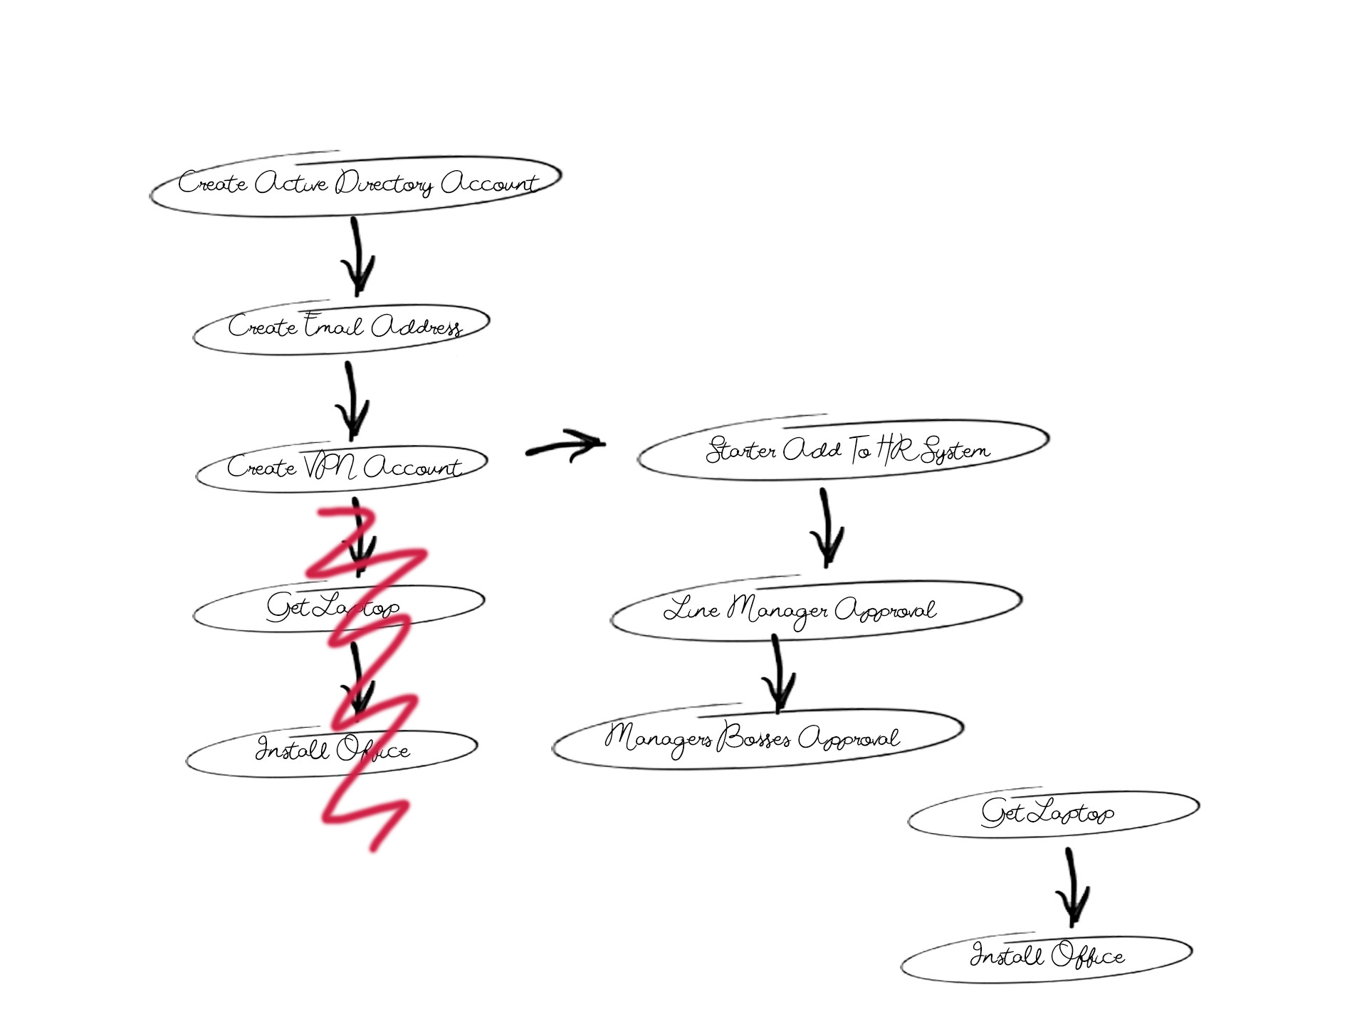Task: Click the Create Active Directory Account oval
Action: pos(356,184)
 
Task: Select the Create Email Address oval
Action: pos(342,327)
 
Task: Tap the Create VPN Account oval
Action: pos(342,468)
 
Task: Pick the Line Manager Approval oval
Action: pos(815,610)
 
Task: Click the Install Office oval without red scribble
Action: pos(1047,956)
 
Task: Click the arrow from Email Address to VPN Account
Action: pos(350,400)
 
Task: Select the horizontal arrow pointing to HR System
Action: pos(566,446)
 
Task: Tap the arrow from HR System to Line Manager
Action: pos(826,527)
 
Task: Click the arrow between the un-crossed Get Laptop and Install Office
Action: pos(1072,887)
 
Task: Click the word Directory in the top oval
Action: pos(384,184)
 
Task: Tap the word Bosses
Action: pos(755,738)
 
